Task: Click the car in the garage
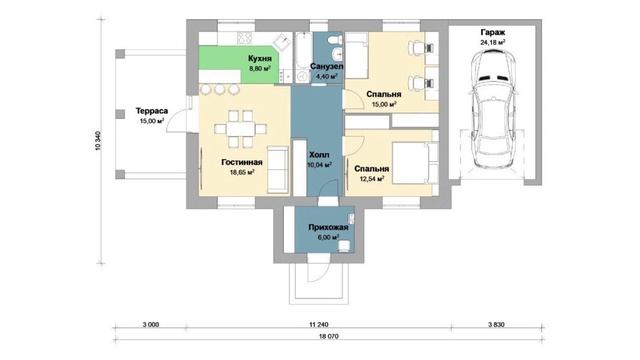[x=492, y=108]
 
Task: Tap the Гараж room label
[x=493, y=32]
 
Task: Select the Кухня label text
[x=260, y=59]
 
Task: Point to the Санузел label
[x=327, y=66]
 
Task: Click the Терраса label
[x=152, y=111]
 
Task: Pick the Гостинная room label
[x=242, y=162]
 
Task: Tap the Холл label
[x=319, y=155]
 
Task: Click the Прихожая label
[x=328, y=228]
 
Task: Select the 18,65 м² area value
[x=242, y=172]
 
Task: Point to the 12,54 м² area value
[x=371, y=179]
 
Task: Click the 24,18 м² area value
[x=493, y=42]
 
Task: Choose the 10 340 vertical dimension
[x=97, y=141]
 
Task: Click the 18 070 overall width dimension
[x=328, y=337]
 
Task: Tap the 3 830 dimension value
[x=496, y=325]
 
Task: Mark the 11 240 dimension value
[x=319, y=325]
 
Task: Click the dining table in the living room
[x=241, y=129]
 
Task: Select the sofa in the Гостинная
[x=278, y=169]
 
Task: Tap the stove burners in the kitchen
[x=245, y=38]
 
